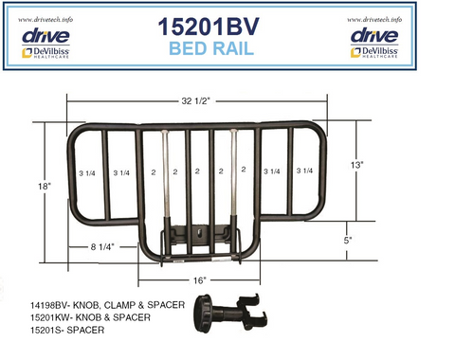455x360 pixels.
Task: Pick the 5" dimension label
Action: pos(349,240)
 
